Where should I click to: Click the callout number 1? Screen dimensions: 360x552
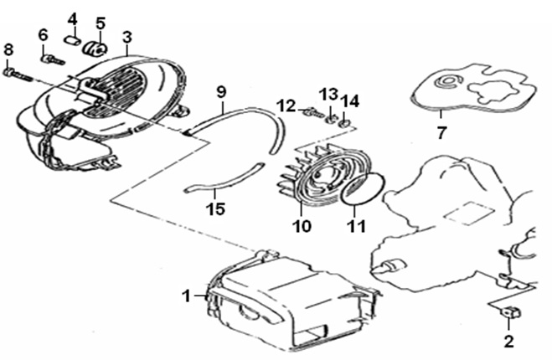click(187, 294)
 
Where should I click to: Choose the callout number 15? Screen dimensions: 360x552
click(217, 207)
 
